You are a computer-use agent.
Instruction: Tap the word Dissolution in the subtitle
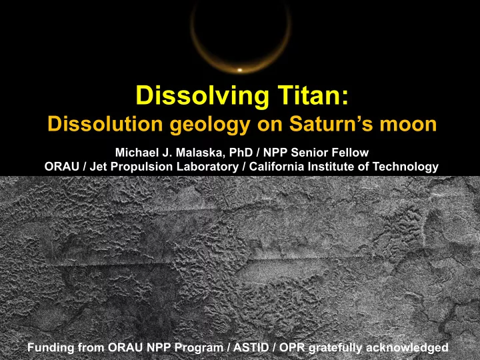coord(105,124)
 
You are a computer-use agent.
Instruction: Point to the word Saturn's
coord(331,124)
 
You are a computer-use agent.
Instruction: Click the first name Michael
coord(135,153)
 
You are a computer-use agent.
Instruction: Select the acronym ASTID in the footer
coord(251,347)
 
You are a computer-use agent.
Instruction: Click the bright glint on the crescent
coord(240,70)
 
